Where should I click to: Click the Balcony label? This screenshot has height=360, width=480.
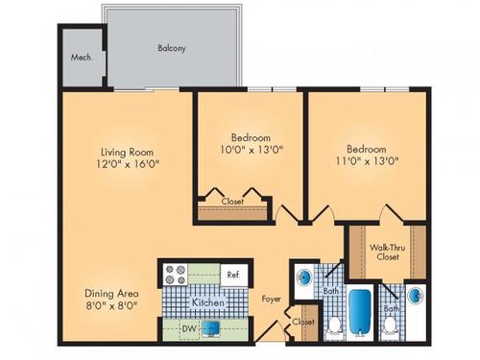coord(172,47)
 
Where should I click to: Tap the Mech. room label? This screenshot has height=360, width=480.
coord(81,57)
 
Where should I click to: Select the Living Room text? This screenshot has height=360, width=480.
coord(128,151)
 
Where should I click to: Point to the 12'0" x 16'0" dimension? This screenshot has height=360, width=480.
coord(128,163)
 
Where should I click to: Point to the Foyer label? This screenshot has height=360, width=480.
coord(271,299)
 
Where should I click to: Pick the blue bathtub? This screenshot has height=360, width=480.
coord(359,312)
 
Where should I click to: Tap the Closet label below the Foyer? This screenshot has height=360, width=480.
coord(303,322)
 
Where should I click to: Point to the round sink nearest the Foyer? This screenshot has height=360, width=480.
coord(303,279)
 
